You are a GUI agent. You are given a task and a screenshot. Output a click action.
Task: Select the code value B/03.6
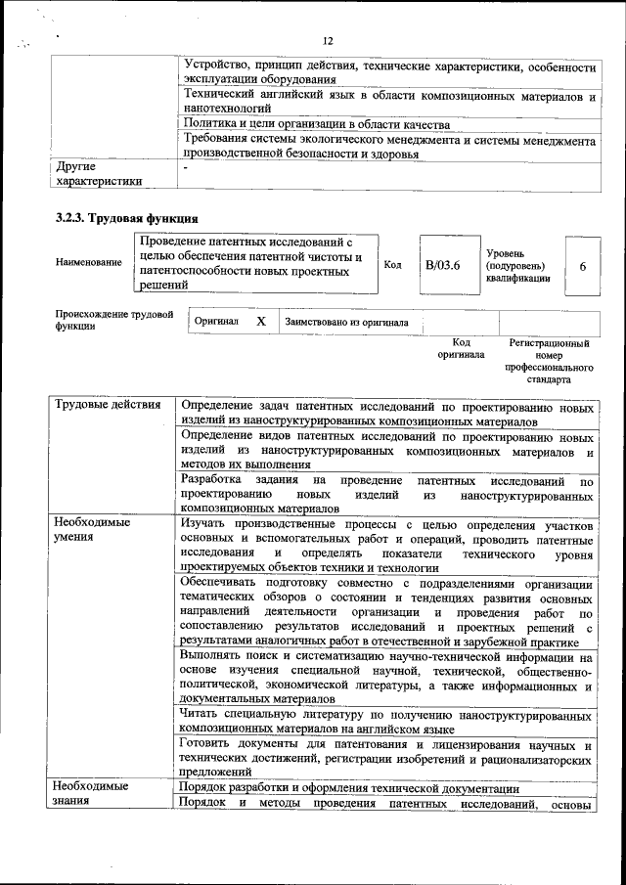pos(442,265)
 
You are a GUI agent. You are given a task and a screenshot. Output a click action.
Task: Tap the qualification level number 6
pos(583,266)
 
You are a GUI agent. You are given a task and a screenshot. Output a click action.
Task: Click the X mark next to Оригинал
pos(260,321)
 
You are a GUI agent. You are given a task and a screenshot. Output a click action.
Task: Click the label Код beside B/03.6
pos(392,265)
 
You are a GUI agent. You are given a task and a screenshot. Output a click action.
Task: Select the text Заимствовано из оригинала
pos(346,322)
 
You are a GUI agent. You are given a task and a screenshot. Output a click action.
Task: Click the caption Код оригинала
pos(461,349)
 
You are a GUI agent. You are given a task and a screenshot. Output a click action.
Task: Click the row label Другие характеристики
pos(99,173)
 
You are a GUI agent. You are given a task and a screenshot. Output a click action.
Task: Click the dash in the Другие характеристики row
pos(185,167)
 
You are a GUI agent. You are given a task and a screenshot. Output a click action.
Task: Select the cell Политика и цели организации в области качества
pos(316,124)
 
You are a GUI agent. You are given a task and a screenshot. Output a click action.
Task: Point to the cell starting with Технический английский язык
pos(388,103)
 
